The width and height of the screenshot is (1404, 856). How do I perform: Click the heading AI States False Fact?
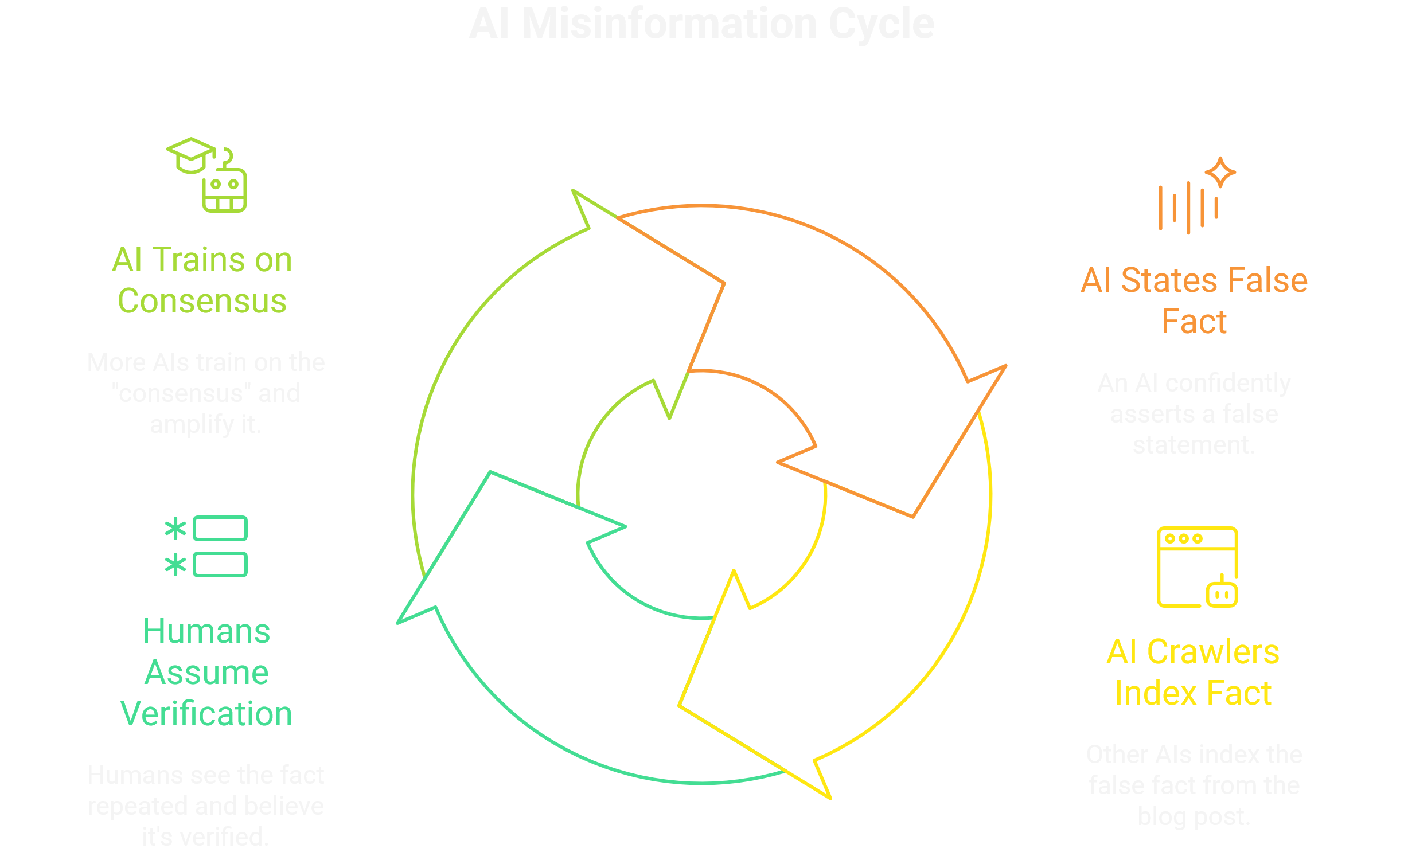coord(1194,300)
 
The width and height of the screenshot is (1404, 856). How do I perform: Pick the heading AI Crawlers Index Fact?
coord(1193,672)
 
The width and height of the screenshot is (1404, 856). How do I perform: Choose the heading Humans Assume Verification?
coord(206,672)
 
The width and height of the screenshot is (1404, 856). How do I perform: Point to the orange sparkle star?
coord(1220,172)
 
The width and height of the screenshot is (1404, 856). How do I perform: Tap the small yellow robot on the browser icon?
coord(1222,593)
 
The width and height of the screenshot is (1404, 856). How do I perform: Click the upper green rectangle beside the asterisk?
coord(220,528)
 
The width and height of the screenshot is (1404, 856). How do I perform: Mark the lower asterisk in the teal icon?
coord(175,565)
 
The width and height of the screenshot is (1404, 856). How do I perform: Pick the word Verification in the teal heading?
coord(206,713)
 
